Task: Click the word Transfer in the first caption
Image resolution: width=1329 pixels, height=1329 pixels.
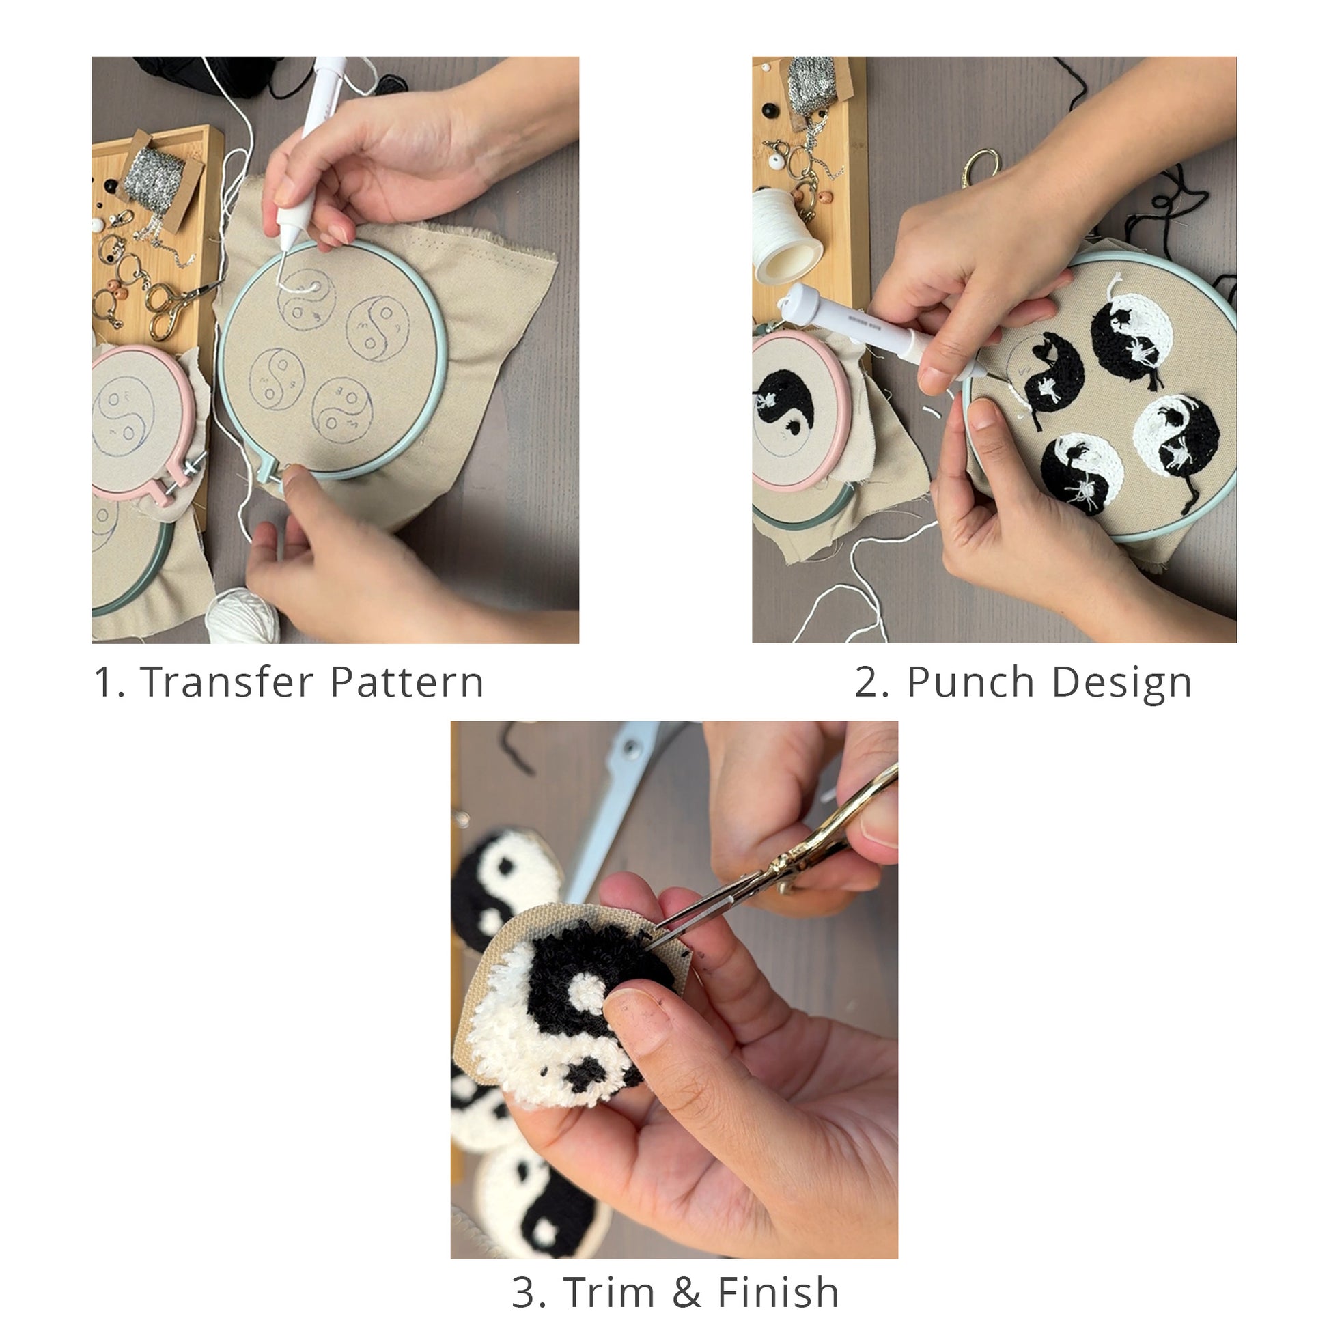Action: point(226,682)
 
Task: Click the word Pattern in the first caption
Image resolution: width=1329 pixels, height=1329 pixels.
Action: point(407,682)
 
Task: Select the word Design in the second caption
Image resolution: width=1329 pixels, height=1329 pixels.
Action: point(1121,682)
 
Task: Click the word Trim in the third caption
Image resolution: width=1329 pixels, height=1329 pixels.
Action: point(608,1292)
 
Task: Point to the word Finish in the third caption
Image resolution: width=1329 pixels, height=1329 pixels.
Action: point(778,1292)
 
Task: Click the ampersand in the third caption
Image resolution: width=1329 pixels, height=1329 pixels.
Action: point(686,1292)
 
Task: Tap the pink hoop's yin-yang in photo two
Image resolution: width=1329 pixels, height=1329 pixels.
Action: point(785,406)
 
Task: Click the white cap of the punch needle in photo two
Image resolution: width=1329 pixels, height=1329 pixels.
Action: point(798,298)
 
